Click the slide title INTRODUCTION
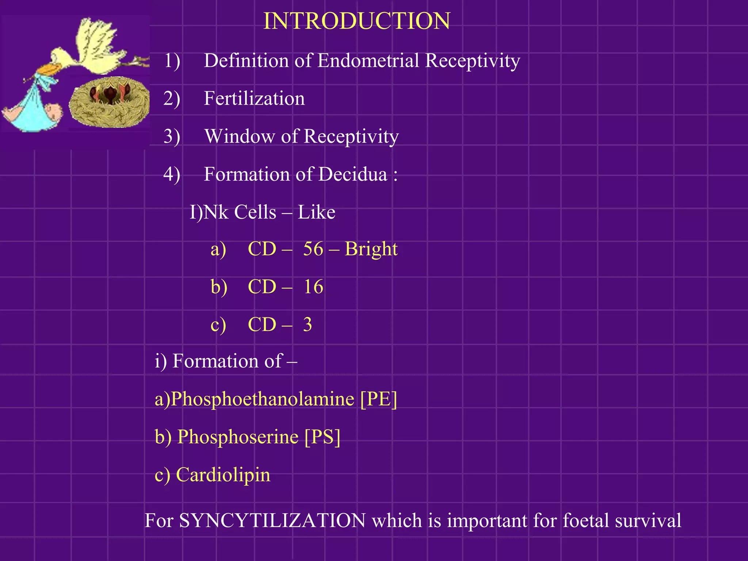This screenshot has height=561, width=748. (356, 21)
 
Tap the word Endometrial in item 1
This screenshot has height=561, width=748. (368, 61)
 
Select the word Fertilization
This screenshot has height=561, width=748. (254, 99)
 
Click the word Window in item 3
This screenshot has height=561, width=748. (239, 136)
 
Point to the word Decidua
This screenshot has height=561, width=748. (352, 174)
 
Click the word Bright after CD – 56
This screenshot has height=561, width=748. (371, 249)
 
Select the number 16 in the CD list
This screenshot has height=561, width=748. (313, 287)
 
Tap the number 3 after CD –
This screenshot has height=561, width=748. (308, 325)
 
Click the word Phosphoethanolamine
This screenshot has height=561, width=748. (262, 399)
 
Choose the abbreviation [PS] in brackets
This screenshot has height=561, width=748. (323, 437)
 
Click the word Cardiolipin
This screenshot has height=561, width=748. (223, 475)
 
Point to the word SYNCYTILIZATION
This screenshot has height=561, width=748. (272, 520)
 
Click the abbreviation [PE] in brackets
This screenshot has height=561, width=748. (378, 399)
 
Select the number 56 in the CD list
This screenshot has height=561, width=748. (313, 249)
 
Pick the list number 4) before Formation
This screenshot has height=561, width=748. (172, 174)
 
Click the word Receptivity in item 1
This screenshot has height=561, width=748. (473, 61)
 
